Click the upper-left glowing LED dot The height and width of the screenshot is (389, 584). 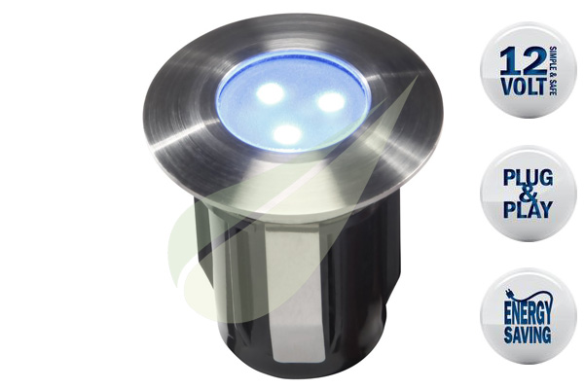tap(270, 92)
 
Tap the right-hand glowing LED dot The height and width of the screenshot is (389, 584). tap(332, 101)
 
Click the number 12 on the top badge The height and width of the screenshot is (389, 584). tap(523, 62)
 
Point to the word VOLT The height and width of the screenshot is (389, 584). tap(525, 86)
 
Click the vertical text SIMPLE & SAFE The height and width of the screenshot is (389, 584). tap(553, 71)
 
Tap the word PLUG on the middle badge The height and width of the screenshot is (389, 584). tap(529, 178)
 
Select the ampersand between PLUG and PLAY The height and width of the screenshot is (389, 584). tap(529, 194)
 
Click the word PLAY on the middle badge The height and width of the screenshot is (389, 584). tap(529, 210)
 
